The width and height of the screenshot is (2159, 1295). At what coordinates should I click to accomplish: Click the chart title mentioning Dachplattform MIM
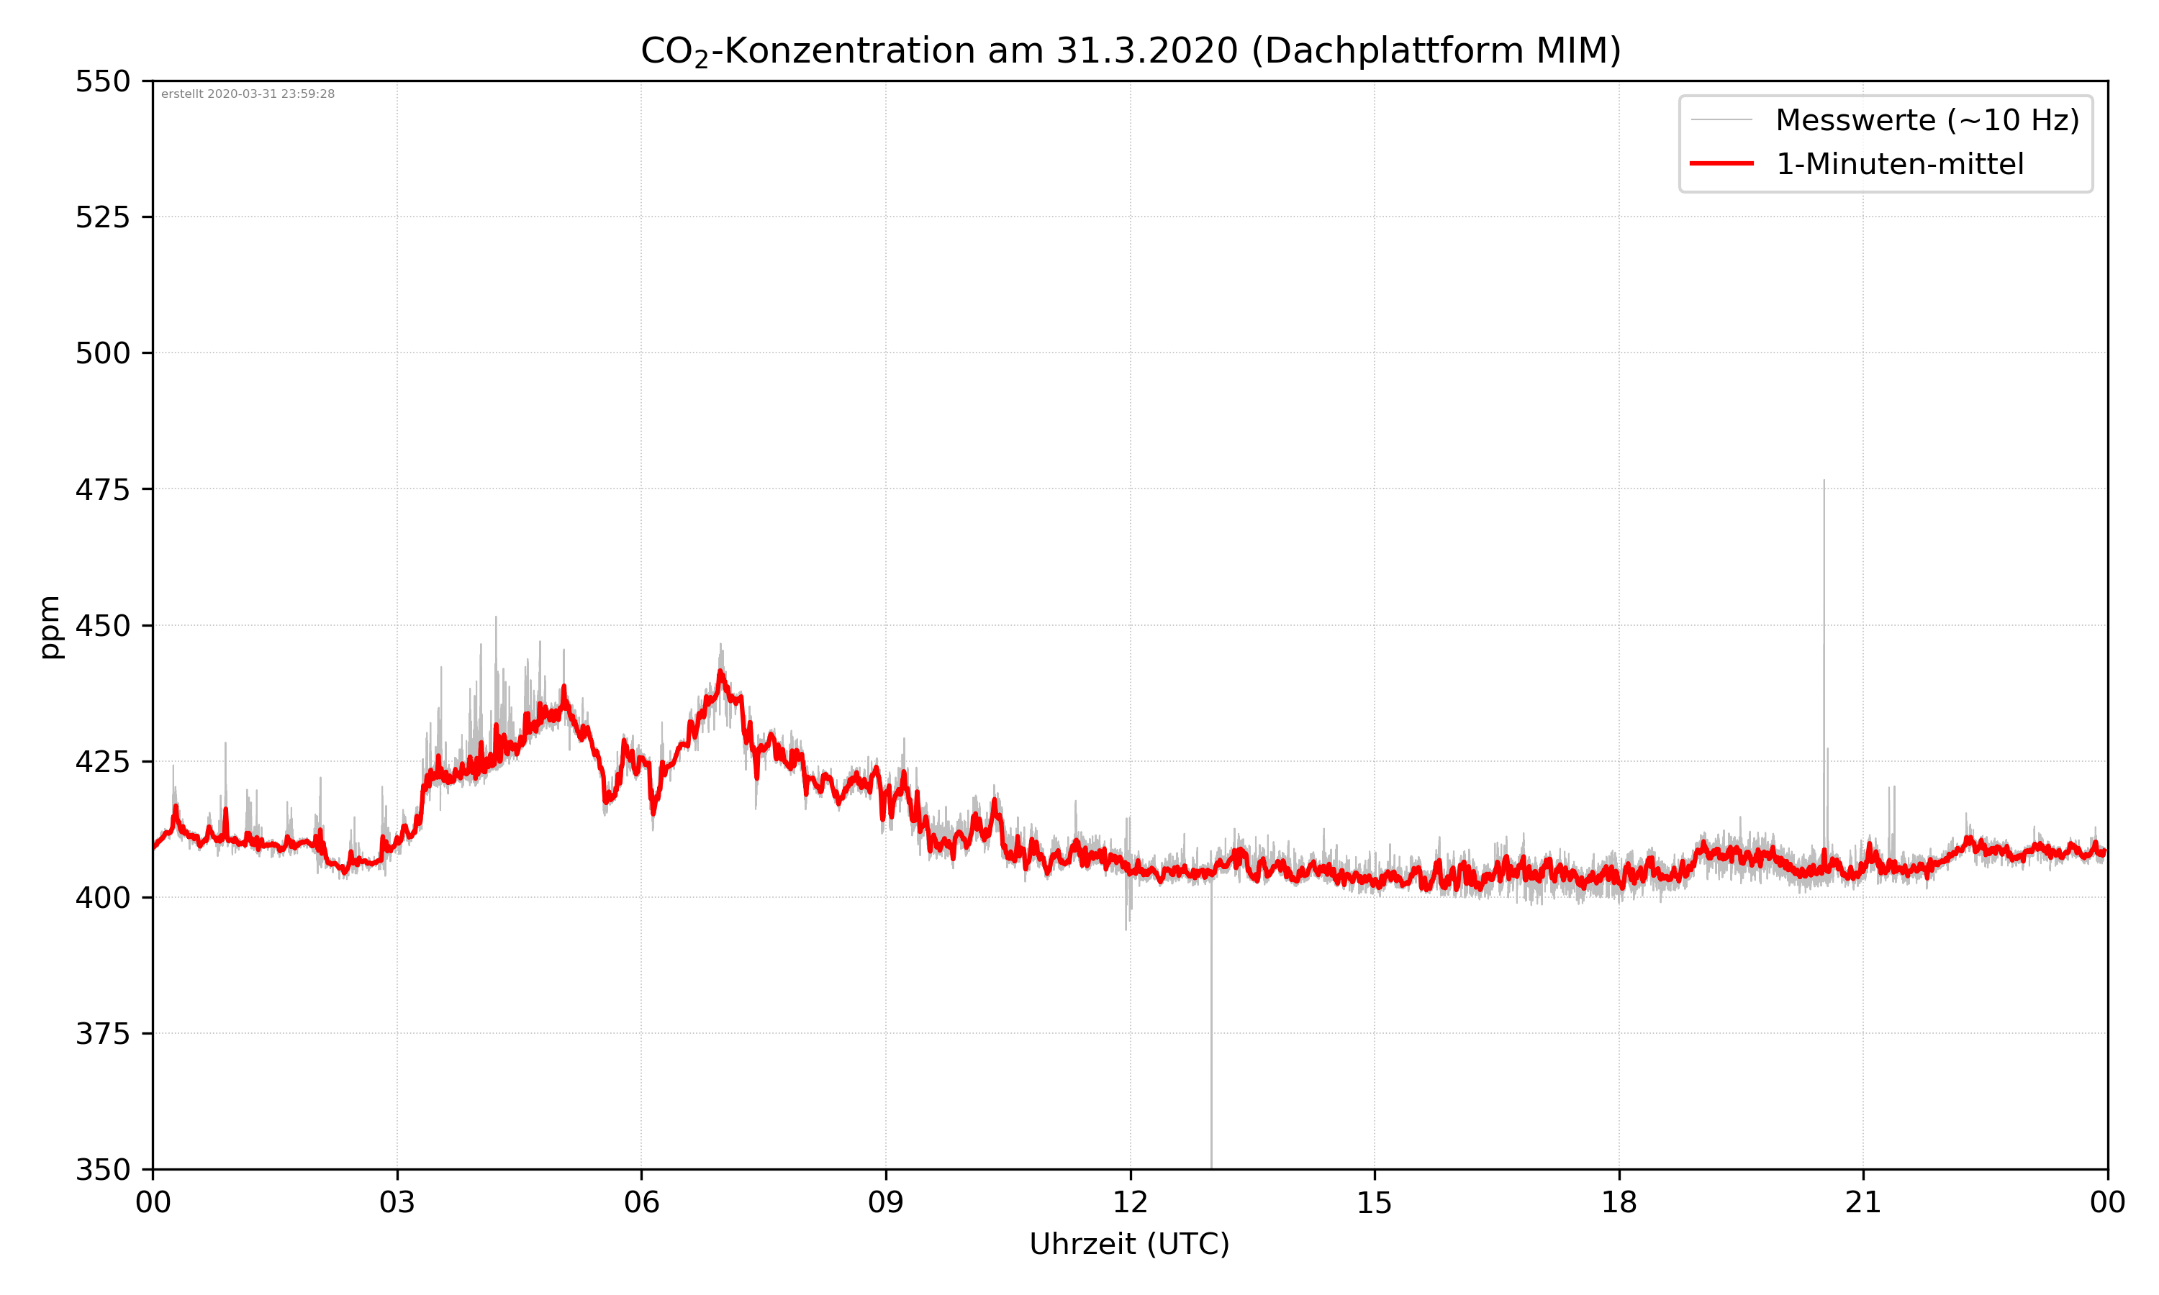coord(1130,50)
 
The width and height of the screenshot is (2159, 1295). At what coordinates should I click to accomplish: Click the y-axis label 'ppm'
coord(50,627)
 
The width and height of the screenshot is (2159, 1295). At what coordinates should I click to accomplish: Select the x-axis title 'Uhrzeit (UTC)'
coord(1129,1243)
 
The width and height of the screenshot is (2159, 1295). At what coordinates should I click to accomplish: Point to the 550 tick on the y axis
coord(102,81)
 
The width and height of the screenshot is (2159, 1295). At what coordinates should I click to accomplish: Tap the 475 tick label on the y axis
coord(102,489)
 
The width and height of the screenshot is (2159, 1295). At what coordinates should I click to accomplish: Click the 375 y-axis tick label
coord(102,1034)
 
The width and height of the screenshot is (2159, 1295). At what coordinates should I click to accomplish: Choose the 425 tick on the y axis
coord(102,762)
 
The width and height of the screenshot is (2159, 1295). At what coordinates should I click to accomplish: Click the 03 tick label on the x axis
coord(397,1202)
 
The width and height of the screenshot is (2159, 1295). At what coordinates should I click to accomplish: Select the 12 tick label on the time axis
coord(1130,1202)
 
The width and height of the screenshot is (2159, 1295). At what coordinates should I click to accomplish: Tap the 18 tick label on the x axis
coord(1619,1202)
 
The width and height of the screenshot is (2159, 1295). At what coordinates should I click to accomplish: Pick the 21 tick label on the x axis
coord(1863,1202)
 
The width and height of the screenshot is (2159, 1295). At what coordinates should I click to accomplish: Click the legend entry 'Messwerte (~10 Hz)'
coord(1927,120)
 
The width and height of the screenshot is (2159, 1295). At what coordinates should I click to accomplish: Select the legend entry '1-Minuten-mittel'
coord(1899,164)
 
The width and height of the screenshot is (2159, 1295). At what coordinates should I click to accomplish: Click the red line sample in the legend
coord(1721,163)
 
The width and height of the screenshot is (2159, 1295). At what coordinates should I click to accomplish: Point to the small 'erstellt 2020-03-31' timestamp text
coord(248,94)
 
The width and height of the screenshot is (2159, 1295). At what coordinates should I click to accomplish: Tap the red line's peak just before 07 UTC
coord(721,671)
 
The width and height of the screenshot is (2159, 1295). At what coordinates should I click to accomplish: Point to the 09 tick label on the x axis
coord(886,1202)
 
